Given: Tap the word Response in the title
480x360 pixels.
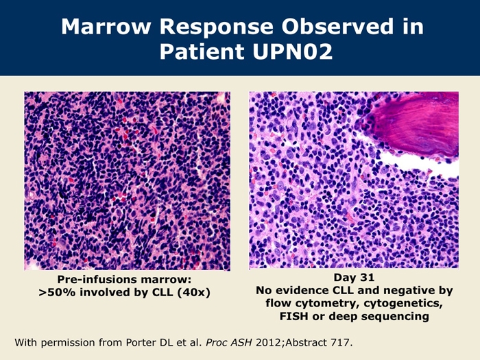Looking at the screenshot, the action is coord(216,27).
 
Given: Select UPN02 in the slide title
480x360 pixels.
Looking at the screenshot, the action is coord(293,51).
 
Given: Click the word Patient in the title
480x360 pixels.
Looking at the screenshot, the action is coord(202,51).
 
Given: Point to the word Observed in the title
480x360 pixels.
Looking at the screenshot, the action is coord(337,26).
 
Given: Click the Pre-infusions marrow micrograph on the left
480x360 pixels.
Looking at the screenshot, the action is coord(128,180).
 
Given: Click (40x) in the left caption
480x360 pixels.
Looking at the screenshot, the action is coord(194,293).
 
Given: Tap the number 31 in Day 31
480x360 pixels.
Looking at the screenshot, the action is coord(368,277).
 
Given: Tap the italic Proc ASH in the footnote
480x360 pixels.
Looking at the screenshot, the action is coord(229,342).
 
